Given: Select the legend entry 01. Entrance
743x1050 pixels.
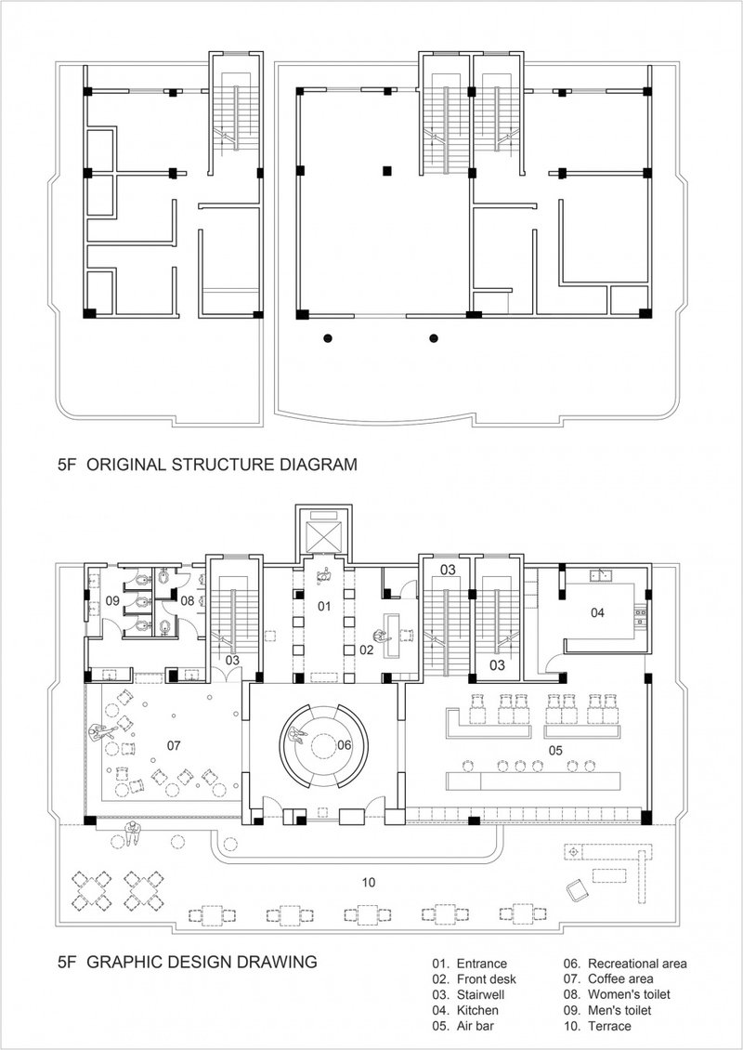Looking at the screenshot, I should click(x=469, y=964).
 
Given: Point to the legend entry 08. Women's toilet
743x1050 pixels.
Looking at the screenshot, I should click(x=618, y=994).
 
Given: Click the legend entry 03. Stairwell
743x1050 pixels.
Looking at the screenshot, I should click(x=470, y=994).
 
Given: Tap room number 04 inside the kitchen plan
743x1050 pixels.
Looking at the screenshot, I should click(x=597, y=612).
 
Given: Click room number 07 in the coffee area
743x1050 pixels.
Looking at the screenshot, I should click(x=174, y=745).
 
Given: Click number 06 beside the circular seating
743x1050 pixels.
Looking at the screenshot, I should click(x=344, y=745).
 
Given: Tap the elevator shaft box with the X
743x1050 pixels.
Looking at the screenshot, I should click(x=321, y=533).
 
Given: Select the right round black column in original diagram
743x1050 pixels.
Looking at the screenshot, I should click(x=433, y=338).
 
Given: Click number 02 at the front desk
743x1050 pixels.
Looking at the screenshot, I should click(x=366, y=650).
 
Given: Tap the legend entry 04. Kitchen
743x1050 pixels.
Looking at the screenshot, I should click(x=465, y=1010).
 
